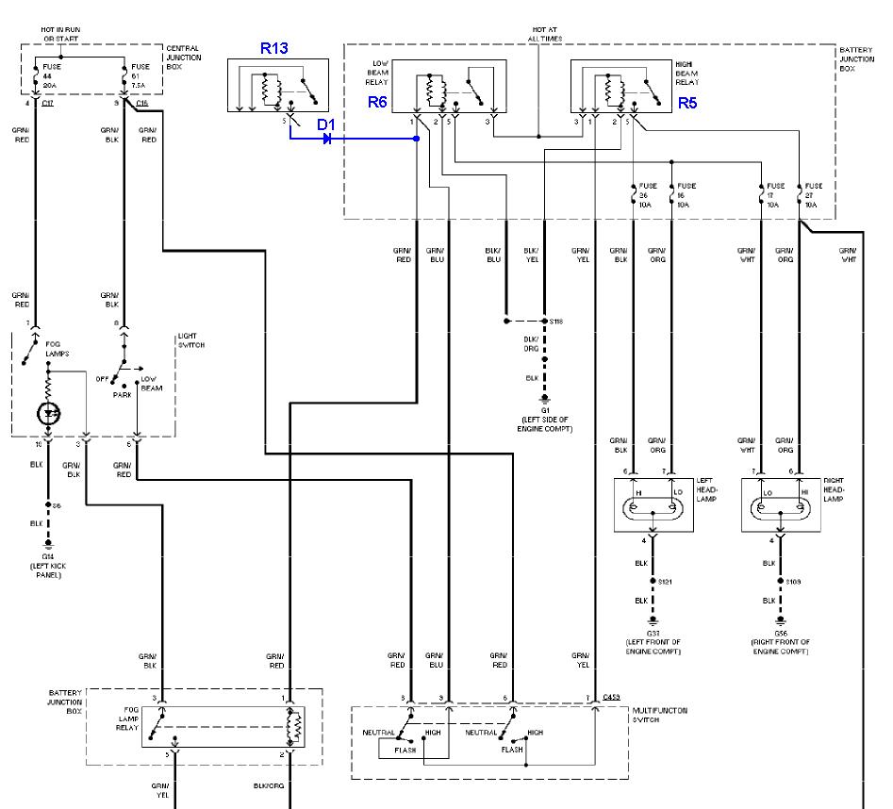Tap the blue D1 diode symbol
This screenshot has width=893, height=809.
click(x=326, y=139)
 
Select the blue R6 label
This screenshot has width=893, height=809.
click(x=378, y=104)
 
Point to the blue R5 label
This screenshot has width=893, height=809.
click(x=687, y=104)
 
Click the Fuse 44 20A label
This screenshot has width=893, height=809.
click(x=52, y=74)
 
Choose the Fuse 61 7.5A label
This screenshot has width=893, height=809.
click(x=141, y=74)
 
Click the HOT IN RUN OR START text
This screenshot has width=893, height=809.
click(x=61, y=35)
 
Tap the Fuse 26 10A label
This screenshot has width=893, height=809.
click(x=645, y=194)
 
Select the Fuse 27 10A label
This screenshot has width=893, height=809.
click(x=814, y=194)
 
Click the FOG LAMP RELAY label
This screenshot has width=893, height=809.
click(x=126, y=722)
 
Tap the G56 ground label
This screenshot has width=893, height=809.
click(x=780, y=635)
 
